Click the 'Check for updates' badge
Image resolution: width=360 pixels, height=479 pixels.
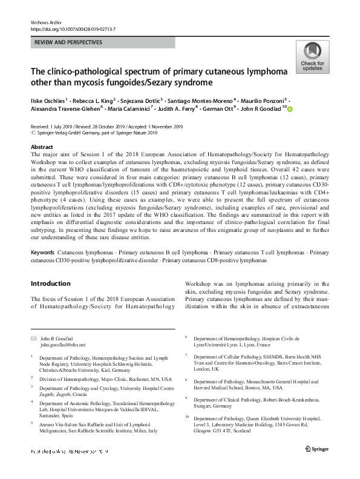click(x=312, y=59)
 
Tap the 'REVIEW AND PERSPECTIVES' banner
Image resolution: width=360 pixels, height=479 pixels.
click(x=68, y=42)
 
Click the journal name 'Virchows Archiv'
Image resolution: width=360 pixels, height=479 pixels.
click(x=46, y=21)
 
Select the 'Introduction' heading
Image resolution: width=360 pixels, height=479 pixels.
click(x=50, y=283)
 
